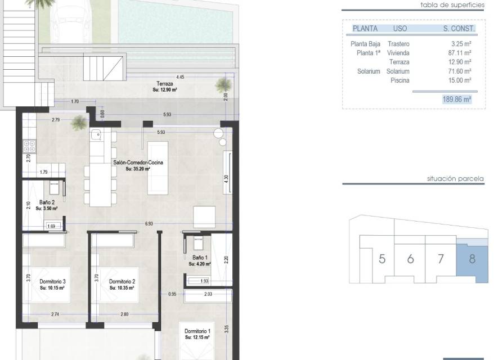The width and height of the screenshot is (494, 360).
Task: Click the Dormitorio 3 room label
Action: click(53, 282)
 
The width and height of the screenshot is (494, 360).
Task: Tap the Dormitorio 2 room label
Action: click(122, 282)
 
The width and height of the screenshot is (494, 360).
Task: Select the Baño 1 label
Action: click(200, 258)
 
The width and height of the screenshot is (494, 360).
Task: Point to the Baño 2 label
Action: click(47, 202)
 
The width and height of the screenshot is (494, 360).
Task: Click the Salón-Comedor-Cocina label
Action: click(138, 163)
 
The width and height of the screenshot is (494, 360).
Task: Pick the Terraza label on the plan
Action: click(165, 84)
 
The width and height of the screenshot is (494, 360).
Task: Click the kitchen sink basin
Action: click(96, 136)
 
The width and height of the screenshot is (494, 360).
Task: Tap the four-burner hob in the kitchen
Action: click(30, 147)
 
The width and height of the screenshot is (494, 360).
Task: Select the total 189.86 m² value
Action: click(457, 100)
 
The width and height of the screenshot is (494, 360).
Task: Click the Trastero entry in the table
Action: click(398, 44)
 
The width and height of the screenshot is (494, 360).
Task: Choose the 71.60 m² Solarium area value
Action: click(460, 71)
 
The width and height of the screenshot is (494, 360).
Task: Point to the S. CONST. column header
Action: click(459, 29)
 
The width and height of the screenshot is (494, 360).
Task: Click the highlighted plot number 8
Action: click(472, 259)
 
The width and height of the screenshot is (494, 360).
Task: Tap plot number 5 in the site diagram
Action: click(382, 259)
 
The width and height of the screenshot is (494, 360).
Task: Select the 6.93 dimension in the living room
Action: click(149, 224)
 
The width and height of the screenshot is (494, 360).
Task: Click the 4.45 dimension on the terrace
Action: click(180, 77)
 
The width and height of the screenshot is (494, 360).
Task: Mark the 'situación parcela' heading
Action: click(455, 179)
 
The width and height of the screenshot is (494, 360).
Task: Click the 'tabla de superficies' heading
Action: click(452, 5)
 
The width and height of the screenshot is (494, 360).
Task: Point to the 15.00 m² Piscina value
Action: click(460, 80)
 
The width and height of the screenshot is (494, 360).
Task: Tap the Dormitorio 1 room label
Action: click(197, 331)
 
